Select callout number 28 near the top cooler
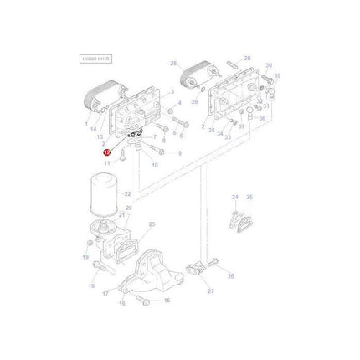pyautogui.click(x=172, y=64)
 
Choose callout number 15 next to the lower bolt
pyautogui.click(x=166, y=300)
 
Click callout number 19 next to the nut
pyautogui.click(x=87, y=259)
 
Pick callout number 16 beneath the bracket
pyautogui.click(x=122, y=302)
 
